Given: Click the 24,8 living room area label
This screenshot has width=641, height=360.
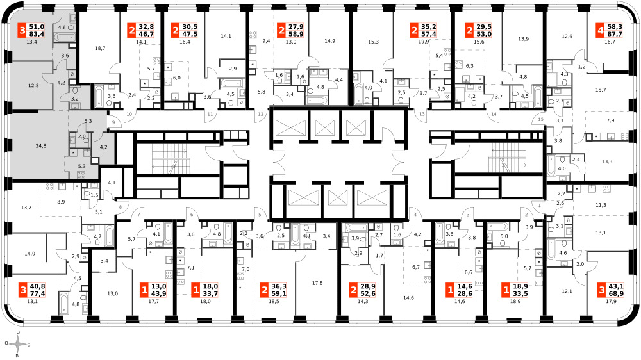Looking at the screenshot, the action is pos(41,146).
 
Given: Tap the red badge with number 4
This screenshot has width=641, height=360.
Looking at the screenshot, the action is pos(601,30).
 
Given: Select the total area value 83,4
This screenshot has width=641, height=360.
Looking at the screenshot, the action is pos(37,34).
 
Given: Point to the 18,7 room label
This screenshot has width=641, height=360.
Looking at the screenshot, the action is pos(100,48).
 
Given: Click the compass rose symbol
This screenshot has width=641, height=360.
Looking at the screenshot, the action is pos(17,345).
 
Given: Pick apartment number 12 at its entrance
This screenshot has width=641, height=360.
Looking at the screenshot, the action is pos(261,115).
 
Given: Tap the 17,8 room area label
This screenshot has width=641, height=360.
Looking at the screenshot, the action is pos(317,282).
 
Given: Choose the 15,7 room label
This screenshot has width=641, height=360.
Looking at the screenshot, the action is pos(601,90).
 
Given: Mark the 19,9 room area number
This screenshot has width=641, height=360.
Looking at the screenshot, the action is pos(424,41).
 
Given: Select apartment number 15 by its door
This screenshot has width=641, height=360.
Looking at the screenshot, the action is pos(541,119).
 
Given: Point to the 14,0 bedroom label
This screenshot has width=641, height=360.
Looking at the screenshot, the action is pos(29,254).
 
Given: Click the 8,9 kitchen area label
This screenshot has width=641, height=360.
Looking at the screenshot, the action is pos(61,202).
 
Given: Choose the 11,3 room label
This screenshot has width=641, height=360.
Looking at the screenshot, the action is pos(601,205).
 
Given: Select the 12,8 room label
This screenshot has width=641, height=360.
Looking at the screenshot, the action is pos(33,85).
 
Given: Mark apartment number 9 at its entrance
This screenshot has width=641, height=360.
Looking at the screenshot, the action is pos(113,122).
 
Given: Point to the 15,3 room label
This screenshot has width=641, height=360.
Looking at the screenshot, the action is pos(373,41).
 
